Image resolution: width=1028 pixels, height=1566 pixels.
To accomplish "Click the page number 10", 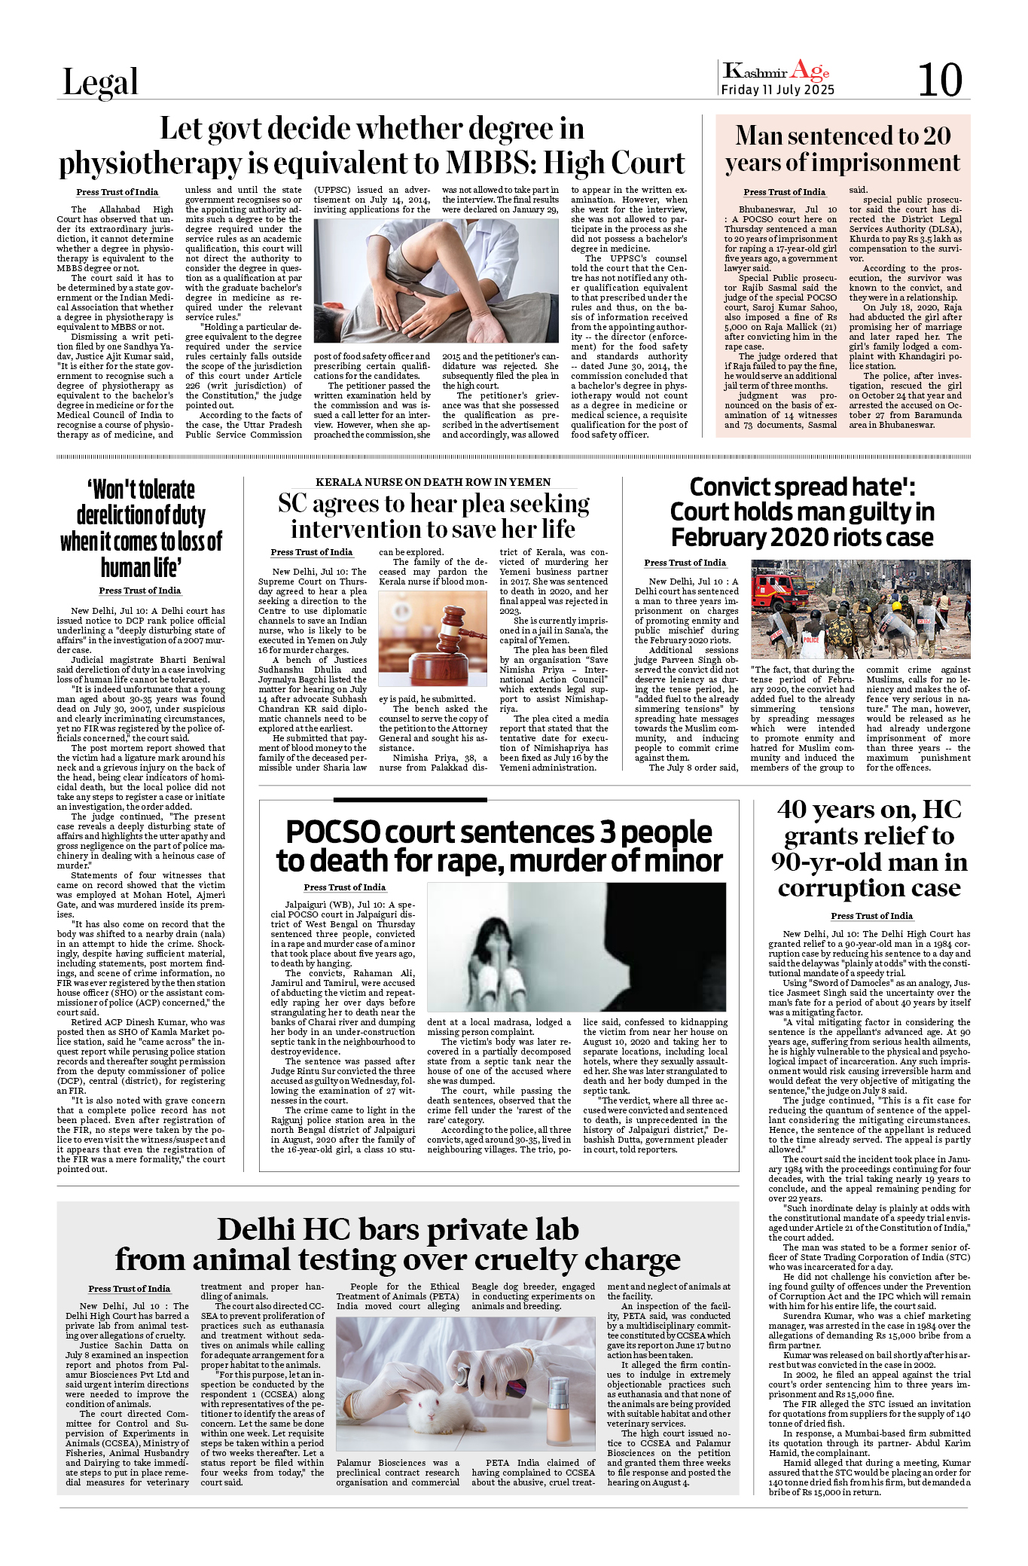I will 939,80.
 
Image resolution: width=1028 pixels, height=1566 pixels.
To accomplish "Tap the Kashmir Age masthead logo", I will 776,72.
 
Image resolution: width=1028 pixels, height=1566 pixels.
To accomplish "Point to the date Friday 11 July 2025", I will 777,90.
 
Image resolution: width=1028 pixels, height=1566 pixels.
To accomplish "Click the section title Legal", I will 100,82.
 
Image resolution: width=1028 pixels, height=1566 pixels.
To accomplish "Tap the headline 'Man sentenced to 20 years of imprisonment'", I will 842,149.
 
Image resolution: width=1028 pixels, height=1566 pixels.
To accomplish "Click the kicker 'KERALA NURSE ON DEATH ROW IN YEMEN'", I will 432,482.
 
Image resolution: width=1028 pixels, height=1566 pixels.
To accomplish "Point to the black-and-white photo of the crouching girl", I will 576,946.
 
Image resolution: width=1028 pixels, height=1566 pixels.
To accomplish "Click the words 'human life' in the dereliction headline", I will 141,567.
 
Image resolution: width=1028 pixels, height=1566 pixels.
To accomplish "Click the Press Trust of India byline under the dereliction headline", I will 140,591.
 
